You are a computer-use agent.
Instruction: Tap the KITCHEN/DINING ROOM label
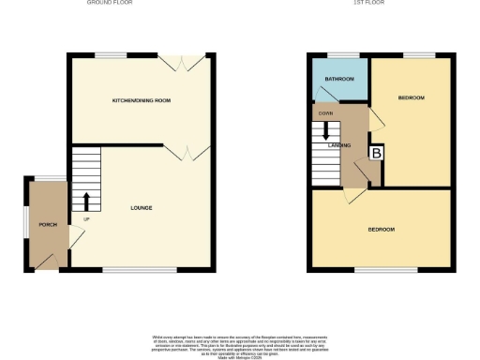pyautogui.click(x=142, y=99)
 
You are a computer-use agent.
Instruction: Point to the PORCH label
pyautogui.click(x=47, y=226)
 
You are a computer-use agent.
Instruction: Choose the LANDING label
pyautogui.click(x=338, y=145)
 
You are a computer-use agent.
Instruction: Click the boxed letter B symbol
pyautogui.click(x=377, y=153)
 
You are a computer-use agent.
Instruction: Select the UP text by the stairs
pyautogui.click(x=87, y=220)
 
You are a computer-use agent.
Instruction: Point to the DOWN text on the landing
pyautogui.click(x=326, y=113)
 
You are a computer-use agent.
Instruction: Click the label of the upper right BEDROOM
pyautogui.click(x=412, y=98)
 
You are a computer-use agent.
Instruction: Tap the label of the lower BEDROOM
pyautogui.click(x=382, y=230)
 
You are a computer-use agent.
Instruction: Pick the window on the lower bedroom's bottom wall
pyautogui.click(x=385, y=272)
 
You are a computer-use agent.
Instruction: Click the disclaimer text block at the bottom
pyautogui.click(x=240, y=345)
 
